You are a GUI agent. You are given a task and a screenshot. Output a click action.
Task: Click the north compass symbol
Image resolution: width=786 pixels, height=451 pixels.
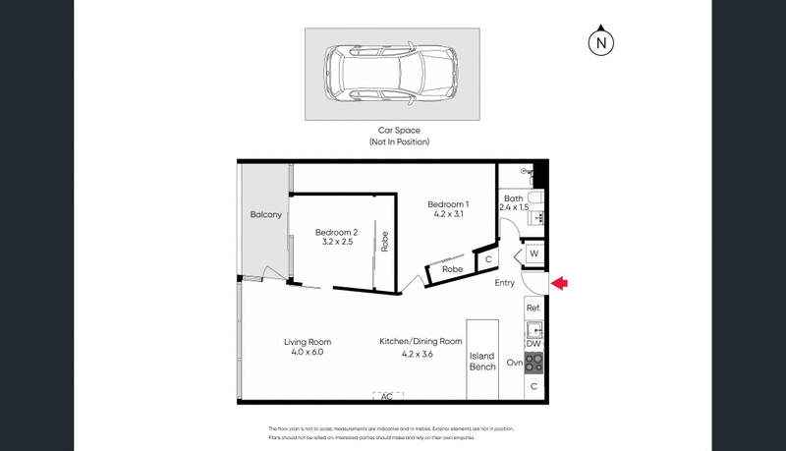pos(601,43)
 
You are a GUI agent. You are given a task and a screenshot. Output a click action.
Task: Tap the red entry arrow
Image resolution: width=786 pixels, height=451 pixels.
pos(560,284)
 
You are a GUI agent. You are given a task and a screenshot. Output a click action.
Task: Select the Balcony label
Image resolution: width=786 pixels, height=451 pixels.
pos(265,214)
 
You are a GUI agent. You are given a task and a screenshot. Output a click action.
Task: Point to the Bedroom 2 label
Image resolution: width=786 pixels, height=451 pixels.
pos(336,233)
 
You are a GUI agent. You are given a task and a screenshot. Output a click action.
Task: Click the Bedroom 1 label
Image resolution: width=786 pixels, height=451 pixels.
pos(448,204)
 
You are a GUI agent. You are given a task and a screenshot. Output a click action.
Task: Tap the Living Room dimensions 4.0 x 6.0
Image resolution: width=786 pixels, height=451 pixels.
pos(304,352)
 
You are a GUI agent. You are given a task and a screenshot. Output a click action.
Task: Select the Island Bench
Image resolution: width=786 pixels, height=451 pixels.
pos(482,362)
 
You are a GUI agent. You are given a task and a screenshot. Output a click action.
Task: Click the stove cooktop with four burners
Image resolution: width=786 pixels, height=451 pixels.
pos(533,363)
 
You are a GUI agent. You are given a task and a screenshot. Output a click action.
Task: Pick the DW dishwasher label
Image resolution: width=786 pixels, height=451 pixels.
pos(533,344)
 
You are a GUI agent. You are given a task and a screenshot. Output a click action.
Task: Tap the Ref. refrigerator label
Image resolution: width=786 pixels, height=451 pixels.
pos(533,309)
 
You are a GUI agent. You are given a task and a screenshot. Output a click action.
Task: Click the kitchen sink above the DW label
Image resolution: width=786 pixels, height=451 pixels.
pos(533,328)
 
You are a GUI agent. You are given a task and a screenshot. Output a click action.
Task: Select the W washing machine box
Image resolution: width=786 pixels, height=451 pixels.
pos(533,254)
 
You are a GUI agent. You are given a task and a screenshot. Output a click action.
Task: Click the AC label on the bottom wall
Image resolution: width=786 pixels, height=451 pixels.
pos(387,396)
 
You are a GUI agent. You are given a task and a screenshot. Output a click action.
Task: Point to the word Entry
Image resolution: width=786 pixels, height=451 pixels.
pos(504,283)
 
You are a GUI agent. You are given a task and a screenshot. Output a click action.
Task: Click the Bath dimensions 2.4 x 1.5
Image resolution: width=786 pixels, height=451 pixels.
pos(515,208)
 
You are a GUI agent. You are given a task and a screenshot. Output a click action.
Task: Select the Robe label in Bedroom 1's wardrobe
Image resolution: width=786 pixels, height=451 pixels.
pos(452,268)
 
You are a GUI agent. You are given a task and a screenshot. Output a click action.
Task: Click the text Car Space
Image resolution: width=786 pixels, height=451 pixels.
pos(399,130)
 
